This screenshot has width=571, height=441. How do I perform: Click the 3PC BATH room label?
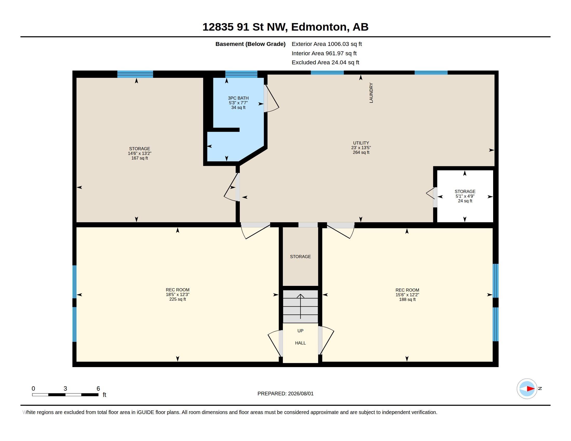(x=238, y=98)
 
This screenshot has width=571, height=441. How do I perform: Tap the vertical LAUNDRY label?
(x=371, y=93)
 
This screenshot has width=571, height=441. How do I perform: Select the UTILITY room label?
(x=361, y=143)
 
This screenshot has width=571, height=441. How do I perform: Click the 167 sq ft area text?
(x=140, y=158)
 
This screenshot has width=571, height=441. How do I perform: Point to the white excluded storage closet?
(x=465, y=196)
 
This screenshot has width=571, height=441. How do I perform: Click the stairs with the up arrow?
(x=300, y=306)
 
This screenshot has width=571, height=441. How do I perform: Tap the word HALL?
(x=300, y=343)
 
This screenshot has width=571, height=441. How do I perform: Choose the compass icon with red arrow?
(x=527, y=389)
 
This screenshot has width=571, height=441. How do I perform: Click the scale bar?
(x=65, y=395)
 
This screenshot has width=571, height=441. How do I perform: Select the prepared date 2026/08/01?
(x=301, y=394)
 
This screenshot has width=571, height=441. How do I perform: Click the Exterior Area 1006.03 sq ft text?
(x=327, y=44)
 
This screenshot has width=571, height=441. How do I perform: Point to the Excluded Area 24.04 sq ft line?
(x=325, y=63)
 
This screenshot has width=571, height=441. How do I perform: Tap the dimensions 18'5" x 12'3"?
(x=178, y=294)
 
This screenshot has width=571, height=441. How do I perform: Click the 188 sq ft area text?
(x=407, y=299)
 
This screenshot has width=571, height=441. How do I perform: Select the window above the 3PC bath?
(x=241, y=74)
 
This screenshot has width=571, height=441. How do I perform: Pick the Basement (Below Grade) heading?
(x=250, y=44)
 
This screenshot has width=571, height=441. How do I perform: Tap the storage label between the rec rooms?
(x=300, y=257)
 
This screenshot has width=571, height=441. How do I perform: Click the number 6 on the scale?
(x=98, y=389)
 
